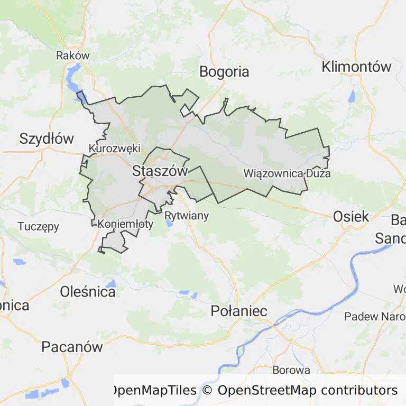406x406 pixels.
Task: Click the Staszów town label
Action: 160,171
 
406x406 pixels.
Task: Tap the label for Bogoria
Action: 225,72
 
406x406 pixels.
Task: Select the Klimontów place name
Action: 357,67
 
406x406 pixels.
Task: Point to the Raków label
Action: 73,56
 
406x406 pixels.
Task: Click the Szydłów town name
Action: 47,139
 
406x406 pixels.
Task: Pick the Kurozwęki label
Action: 114,149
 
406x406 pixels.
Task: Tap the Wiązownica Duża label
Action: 287,173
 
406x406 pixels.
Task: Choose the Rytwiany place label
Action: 187,216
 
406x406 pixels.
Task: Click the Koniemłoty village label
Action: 125,224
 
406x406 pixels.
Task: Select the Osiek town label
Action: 351,216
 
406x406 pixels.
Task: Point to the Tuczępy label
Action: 39,226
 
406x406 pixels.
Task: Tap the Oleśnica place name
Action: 88,291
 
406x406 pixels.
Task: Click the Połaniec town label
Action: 239,311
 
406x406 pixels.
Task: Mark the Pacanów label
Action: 72,347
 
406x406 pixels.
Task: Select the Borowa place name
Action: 291,370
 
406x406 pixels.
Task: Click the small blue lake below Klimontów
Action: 352,97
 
